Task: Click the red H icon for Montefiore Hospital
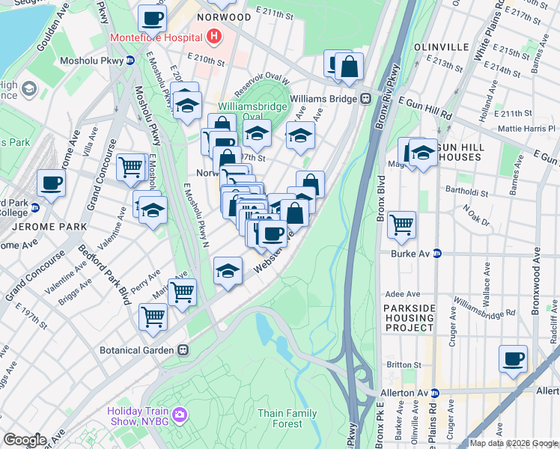coord(214,36)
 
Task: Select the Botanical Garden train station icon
coord(182,349)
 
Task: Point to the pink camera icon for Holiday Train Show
coord(178,414)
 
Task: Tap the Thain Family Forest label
coord(287,418)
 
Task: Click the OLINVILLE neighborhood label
coord(440,46)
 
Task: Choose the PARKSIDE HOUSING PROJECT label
coord(409,318)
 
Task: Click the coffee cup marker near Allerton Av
coord(513,359)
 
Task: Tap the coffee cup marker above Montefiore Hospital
coord(152,18)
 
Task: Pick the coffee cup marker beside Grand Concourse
coord(52,183)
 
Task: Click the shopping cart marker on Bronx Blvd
coord(402,224)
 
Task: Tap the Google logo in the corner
coord(24,440)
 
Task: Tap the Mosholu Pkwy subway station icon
coord(130,60)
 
